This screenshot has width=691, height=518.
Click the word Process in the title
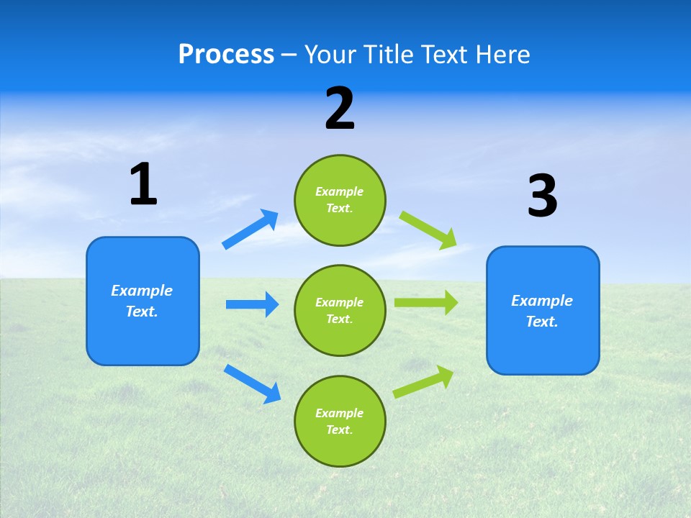[x=226, y=55]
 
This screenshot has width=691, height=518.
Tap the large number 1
[x=143, y=184]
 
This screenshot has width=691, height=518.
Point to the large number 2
[x=340, y=109]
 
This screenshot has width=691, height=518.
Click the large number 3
[x=542, y=196]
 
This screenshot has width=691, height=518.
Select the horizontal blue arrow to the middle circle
[x=252, y=304]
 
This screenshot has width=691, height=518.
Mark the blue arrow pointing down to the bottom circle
[x=253, y=383]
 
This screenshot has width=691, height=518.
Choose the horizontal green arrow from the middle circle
[x=426, y=302]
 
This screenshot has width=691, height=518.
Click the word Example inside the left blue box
[x=142, y=291]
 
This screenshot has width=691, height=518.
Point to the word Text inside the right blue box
[x=541, y=322]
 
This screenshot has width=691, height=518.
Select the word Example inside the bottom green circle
[x=340, y=413]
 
